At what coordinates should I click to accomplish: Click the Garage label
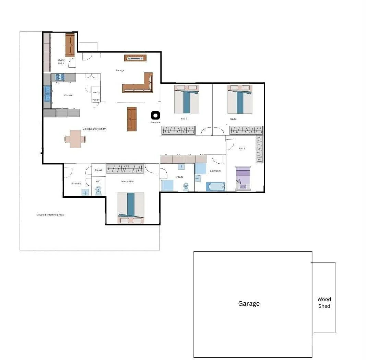coord(249,304)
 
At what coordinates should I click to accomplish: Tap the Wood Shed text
coord(324,303)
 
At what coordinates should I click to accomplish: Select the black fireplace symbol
coord(155,115)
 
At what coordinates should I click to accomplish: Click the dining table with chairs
coord(75,139)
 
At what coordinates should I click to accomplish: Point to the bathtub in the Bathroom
coord(215,187)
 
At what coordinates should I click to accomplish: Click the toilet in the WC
coord(98,190)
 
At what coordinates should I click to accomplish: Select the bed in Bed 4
coord(243,178)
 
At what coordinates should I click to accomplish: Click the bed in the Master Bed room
coord(131,208)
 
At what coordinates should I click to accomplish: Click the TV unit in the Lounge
coord(135,58)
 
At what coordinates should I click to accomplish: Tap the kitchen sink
coord(47,94)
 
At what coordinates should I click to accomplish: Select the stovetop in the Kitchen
coord(60,77)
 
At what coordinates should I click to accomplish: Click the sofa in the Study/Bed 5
coord(70,45)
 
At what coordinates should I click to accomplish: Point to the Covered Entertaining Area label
coord(50,215)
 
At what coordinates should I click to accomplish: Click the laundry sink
coord(85,192)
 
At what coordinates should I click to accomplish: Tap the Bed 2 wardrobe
coord(178,130)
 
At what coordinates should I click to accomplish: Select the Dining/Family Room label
coord(94,129)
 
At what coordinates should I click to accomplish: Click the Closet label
coord(98,170)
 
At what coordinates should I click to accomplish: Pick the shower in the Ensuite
coord(168,185)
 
